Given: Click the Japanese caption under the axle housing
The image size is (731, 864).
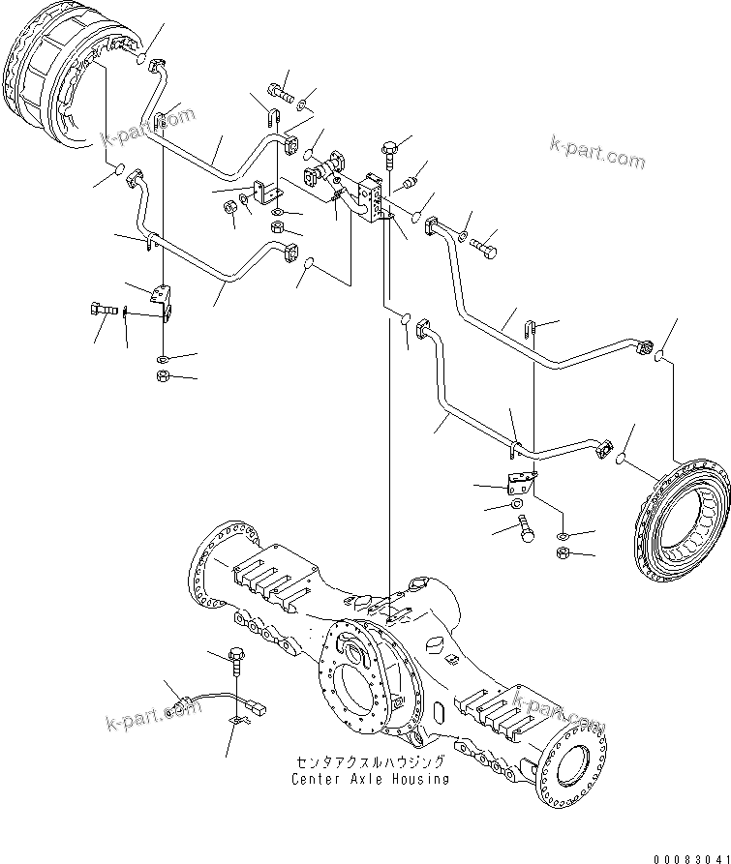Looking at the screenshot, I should click(372, 762).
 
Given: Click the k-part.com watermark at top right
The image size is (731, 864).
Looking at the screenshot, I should click(595, 150).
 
